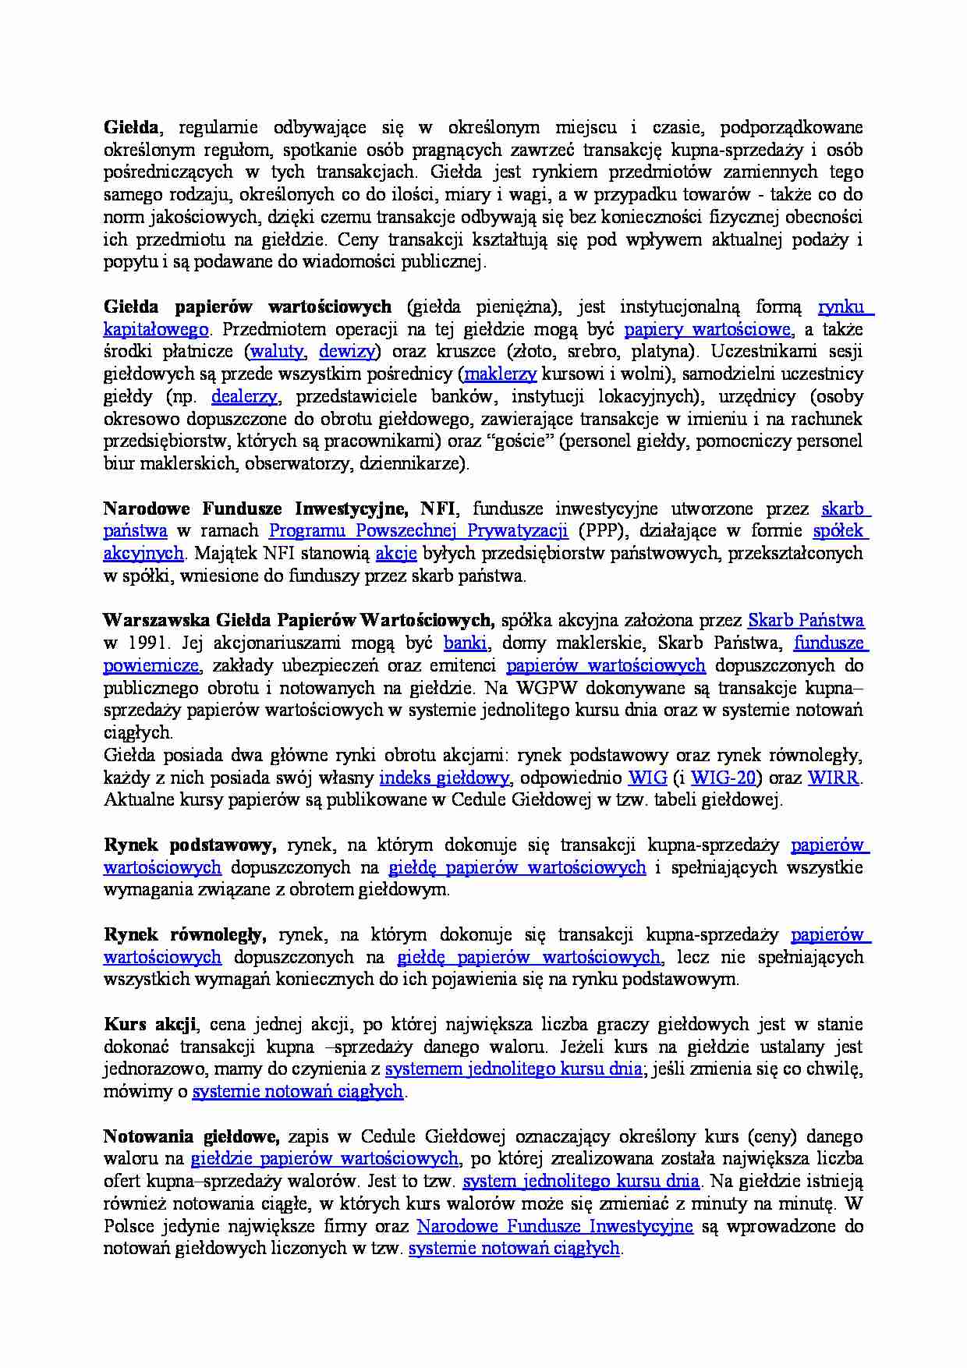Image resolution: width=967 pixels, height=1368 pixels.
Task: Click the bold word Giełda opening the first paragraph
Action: point(131,127)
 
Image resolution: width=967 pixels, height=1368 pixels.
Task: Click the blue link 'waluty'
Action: point(278,351)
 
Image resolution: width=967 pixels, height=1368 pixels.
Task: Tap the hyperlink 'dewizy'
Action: point(347,351)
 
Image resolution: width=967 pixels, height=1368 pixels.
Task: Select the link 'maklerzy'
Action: point(500,374)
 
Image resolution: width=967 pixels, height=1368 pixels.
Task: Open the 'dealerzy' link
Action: point(243,396)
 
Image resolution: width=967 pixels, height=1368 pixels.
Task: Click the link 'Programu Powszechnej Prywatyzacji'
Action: point(418,531)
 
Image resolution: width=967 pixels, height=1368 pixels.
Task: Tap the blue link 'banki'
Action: point(466,643)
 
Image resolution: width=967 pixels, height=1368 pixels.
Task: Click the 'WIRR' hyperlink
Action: point(834,778)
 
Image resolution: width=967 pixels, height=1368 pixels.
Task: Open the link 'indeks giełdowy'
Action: point(444,778)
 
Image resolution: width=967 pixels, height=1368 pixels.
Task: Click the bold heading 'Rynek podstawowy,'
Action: point(190,845)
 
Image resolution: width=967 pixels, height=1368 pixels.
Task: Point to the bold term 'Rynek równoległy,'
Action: point(185,934)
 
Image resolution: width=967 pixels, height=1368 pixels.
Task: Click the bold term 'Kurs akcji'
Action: point(150,1024)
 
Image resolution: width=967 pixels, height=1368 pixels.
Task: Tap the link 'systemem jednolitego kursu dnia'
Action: point(513,1069)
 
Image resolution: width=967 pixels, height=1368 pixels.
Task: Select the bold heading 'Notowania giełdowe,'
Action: point(192,1136)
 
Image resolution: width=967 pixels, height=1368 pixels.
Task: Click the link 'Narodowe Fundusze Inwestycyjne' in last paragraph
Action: point(554,1226)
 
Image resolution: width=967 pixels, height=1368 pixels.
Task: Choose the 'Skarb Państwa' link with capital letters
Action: point(806,621)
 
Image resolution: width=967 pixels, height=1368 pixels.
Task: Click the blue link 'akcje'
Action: point(396,554)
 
